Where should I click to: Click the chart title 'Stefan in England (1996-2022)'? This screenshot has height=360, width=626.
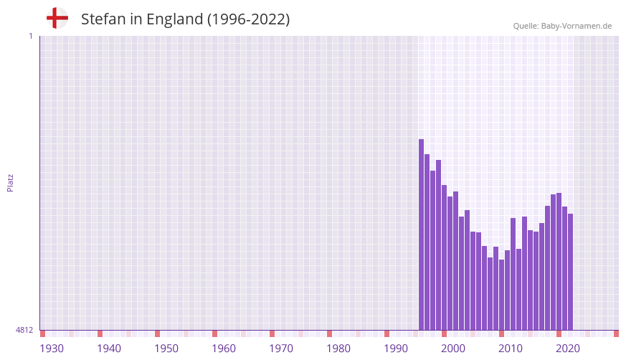(185, 19)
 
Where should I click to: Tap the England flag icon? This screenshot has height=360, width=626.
(57, 18)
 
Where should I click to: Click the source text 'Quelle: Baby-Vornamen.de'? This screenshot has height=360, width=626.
(562, 26)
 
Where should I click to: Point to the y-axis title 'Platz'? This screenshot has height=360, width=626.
(10, 182)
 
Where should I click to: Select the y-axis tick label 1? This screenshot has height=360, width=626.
(30, 36)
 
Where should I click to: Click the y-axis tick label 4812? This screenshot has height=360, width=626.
(24, 330)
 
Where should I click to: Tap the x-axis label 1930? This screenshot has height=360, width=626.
(52, 349)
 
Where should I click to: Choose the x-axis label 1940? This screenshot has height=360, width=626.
(109, 349)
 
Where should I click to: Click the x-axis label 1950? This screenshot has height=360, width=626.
(166, 349)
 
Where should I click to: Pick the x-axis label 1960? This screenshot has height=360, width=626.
(224, 349)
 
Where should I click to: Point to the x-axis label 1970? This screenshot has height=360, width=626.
(281, 349)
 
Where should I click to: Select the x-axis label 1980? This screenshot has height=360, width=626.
(338, 349)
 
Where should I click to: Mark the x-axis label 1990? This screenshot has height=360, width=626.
(396, 349)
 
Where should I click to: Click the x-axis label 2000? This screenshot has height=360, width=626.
(453, 349)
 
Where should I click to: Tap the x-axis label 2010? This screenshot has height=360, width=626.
(511, 349)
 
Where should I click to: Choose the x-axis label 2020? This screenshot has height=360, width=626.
(568, 349)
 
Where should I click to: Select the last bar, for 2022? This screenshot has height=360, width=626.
(571, 272)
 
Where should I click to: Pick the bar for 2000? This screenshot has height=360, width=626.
(445, 257)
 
